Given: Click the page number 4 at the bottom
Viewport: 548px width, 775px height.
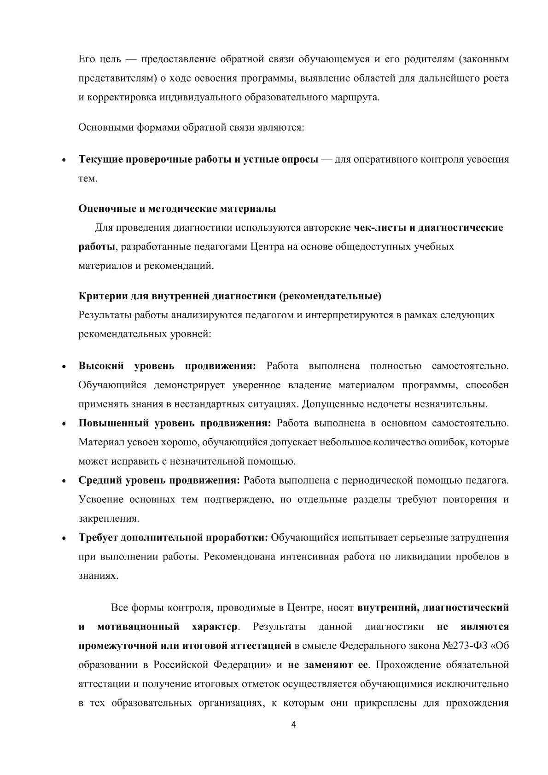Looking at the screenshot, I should click(x=294, y=725).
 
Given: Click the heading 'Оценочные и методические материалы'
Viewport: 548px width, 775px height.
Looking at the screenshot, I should click(x=177, y=209).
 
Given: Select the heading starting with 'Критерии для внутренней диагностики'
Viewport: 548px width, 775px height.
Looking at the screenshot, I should click(x=230, y=296).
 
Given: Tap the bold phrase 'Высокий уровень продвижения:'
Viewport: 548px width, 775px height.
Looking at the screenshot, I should click(x=167, y=366).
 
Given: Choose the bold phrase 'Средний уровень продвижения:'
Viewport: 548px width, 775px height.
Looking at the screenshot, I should click(x=159, y=480).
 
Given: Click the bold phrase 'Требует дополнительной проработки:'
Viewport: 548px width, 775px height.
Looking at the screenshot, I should click(x=174, y=537).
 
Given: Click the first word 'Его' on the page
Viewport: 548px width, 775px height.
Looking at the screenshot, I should click(x=87, y=59).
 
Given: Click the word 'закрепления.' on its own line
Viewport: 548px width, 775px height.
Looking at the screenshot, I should click(x=109, y=519).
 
